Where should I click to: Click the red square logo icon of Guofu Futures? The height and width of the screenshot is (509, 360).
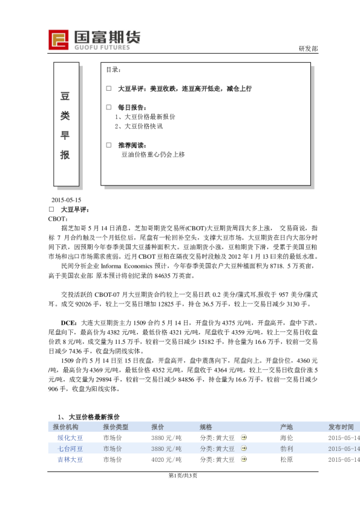coord(60,39)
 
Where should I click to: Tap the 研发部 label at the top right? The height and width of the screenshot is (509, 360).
coord(309,48)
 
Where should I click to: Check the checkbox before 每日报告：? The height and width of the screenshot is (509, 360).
coord(108,107)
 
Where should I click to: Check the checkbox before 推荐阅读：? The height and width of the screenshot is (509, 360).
coord(108,145)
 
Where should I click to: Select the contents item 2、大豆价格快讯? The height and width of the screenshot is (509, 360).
coord(139,126)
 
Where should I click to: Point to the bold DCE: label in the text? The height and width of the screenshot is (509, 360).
coord(68,323)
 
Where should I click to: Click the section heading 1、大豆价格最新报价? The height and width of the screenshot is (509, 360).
coord(89,417)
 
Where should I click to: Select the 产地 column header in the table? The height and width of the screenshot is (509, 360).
coord(286,427)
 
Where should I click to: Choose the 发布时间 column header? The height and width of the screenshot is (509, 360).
coord(341,427)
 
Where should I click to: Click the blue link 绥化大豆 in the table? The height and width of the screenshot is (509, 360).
coord(70,438)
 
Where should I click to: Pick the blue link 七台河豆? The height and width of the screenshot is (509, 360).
coord(70,449)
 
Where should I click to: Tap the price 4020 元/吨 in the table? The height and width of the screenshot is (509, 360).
coord(166,459)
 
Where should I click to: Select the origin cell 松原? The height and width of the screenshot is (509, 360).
coord(287,459)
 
